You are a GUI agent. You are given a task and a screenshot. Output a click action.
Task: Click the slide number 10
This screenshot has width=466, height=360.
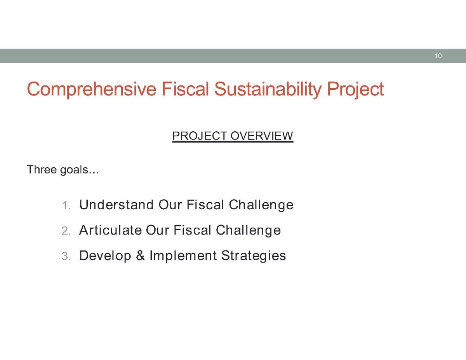click(x=438, y=56)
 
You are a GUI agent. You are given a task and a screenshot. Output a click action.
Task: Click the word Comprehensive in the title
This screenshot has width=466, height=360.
click(x=92, y=89)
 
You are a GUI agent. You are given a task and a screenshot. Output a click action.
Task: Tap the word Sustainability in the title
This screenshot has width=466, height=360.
click(x=268, y=89)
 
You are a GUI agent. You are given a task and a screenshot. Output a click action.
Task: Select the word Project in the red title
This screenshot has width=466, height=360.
click(x=355, y=89)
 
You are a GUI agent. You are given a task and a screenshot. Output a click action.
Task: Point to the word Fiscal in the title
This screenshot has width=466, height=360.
click(x=185, y=89)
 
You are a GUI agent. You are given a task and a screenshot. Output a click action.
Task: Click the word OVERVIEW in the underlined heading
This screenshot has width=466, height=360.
click(x=262, y=136)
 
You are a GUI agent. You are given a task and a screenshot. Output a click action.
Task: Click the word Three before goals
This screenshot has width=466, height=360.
click(x=42, y=169)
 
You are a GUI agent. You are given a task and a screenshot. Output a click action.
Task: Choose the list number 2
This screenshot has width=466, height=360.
click(x=66, y=231)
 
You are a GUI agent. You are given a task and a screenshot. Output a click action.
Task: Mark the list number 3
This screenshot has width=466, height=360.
click(x=66, y=256)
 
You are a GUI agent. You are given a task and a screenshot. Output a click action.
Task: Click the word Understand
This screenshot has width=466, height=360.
click(x=116, y=205)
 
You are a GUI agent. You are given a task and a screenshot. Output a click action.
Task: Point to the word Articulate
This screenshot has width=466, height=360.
click(x=110, y=230)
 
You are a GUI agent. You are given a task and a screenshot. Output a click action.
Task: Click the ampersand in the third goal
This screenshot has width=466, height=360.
click(x=140, y=256)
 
